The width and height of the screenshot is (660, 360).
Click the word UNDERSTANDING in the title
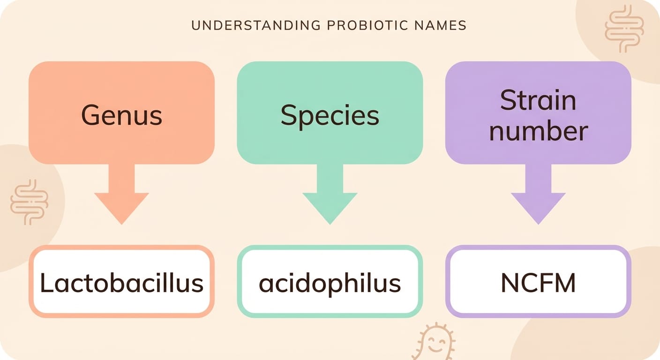click(x=256, y=26)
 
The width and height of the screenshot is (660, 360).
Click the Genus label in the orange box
click(x=122, y=115)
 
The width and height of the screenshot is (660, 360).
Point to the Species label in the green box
click(x=330, y=116)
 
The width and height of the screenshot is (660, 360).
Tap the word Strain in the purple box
click(x=538, y=100)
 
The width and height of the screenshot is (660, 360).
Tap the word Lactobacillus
click(x=122, y=283)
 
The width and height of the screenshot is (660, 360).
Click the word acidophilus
click(x=330, y=284)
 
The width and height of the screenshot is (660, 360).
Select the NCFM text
click(x=538, y=283)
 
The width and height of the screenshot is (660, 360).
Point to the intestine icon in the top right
click(x=624, y=29)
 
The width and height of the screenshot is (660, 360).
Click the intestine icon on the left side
click(x=29, y=202)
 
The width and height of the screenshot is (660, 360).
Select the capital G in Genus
click(x=91, y=115)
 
